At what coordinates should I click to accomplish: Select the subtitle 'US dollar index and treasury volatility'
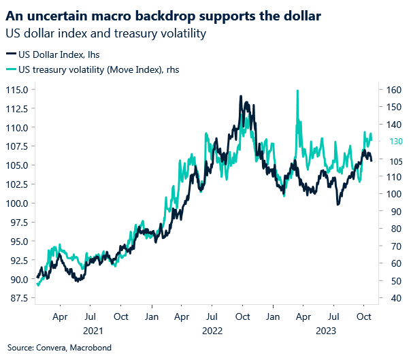[x=105, y=32]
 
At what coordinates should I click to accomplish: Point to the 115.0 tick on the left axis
[x=17, y=90]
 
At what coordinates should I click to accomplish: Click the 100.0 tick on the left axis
[x=17, y=203]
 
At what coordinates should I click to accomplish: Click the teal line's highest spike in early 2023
[x=297, y=91]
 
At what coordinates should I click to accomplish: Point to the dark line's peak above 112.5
[x=241, y=97]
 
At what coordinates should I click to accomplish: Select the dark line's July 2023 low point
[x=338, y=204]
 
